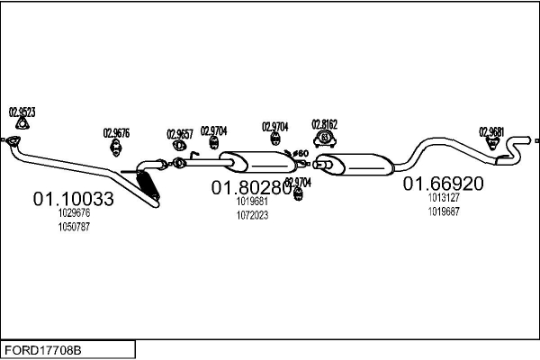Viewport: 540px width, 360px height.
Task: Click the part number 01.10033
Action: click(x=74, y=199)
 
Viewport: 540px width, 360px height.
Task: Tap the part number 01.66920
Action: click(x=443, y=184)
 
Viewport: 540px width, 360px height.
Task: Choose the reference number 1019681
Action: click(x=252, y=202)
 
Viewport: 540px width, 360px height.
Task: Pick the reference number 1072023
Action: click(x=252, y=215)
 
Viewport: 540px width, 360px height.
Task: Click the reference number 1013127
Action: click(x=443, y=198)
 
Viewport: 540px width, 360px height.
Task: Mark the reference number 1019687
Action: click(x=443, y=211)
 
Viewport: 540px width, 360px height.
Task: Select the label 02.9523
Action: click(x=22, y=112)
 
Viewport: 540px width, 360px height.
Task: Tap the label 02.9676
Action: click(x=116, y=133)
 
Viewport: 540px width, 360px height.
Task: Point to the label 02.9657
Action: click(x=180, y=134)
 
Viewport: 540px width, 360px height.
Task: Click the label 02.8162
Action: click(x=324, y=123)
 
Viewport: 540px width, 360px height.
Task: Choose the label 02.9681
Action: click(x=491, y=130)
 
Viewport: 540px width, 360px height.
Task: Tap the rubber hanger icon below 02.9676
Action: click(x=116, y=148)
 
